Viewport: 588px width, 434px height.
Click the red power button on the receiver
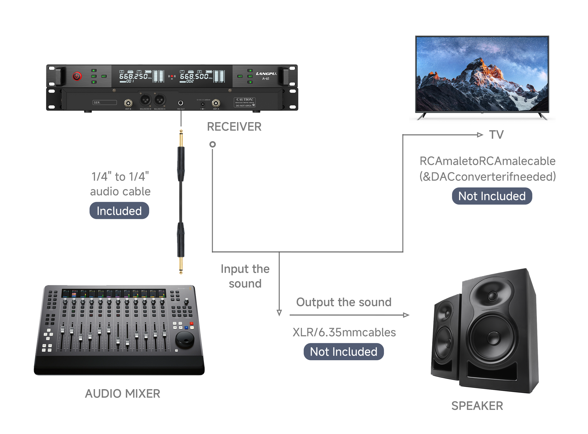pos(77,76)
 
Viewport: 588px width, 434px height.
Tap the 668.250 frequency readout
pos(133,76)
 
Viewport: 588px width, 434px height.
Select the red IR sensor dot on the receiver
pos(172,76)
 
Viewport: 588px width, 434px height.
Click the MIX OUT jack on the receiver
pos(181,103)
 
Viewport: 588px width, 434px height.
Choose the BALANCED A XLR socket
pos(159,100)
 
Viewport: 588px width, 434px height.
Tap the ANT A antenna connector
pos(216,103)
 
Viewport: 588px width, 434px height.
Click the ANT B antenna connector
pos(128,103)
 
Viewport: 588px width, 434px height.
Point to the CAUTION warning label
pos(244,102)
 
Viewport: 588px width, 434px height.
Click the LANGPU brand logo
pos(266,74)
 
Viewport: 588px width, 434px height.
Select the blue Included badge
pos(119,211)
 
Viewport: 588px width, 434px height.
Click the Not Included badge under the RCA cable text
pos(491,196)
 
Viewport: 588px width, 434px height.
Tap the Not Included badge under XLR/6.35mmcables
pos(343,352)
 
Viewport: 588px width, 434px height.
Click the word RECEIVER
pos(234,127)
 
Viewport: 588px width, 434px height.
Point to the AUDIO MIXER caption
pos(123,393)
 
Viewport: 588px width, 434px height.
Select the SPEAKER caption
pos(477,406)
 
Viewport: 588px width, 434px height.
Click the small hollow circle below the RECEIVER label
pos(213,144)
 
